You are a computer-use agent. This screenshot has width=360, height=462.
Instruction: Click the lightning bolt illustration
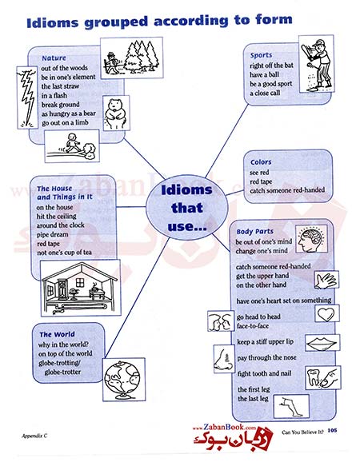(27, 98)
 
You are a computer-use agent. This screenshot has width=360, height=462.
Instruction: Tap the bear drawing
(116, 113)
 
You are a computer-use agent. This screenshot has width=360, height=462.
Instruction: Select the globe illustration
(124, 380)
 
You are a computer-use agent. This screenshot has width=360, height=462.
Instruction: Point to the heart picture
(326, 314)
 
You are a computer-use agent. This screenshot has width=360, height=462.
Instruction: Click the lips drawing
(322, 343)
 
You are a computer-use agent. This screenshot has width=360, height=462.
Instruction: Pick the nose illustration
(223, 359)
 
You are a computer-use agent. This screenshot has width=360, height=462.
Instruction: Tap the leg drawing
(291, 407)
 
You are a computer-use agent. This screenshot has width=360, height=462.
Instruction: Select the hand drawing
(326, 281)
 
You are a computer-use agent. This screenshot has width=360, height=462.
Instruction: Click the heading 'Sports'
(261, 55)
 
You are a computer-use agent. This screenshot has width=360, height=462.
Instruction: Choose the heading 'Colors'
(261, 162)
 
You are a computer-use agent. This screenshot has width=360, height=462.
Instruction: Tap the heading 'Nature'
(54, 58)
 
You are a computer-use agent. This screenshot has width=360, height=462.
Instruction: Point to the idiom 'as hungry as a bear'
(69, 114)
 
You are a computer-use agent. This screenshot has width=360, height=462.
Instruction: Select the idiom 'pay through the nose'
(267, 358)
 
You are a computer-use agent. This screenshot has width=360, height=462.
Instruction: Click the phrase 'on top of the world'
(65, 353)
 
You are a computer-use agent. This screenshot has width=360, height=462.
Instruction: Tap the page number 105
(332, 431)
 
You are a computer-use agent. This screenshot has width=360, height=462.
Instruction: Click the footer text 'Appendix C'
(34, 436)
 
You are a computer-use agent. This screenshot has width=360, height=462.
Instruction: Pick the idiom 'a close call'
(265, 94)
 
